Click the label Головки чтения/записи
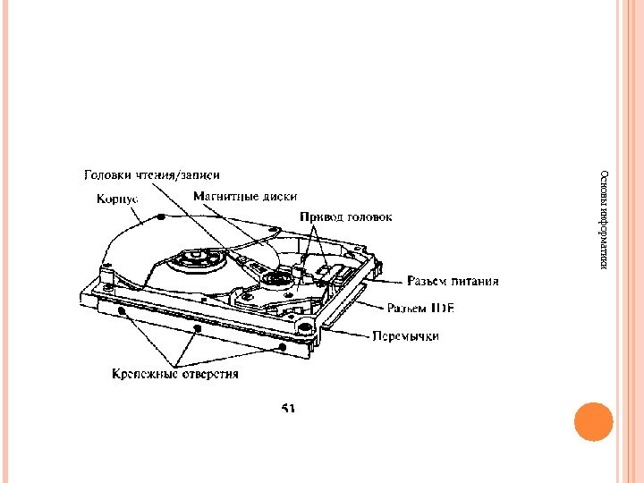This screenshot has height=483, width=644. tap(151, 175)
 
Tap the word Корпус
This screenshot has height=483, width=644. tap(117, 199)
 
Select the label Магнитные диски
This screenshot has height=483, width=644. tap(245, 196)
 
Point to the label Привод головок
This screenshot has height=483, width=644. tap(345, 216)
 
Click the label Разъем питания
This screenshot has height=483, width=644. tap(453, 282)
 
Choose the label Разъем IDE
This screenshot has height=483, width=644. tap(420, 309)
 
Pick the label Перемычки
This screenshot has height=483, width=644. tap(406, 336)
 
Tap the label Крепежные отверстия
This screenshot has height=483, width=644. tap(175, 374)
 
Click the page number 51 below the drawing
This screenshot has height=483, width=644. tap(289, 408)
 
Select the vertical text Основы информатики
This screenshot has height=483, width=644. tap(605, 220)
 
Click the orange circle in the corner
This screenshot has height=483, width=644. tap(593, 421)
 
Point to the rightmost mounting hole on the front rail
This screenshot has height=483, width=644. tap(283, 345)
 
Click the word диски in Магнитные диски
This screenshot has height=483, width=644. tap(279, 196)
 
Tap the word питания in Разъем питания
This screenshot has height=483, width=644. tap(474, 282)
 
